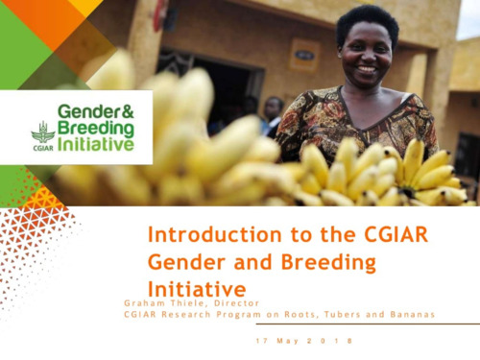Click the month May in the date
pyautogui.click(x=290, y=341)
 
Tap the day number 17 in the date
pyautogui.click(x=260, y=341)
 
